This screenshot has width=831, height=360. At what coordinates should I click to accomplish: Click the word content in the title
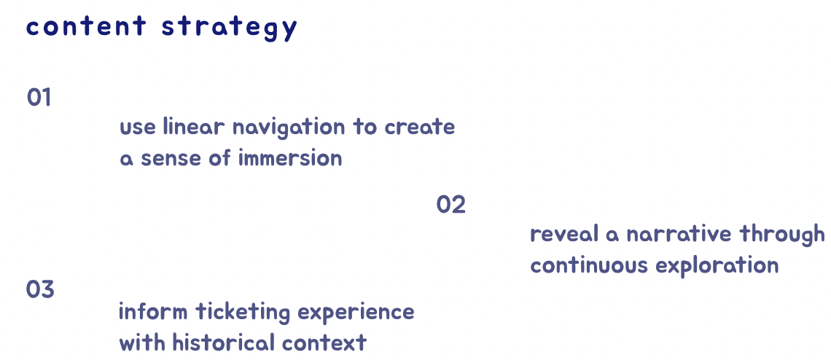pyautogui.click(x=86, y=27)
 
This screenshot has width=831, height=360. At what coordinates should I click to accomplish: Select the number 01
pyautogui.click(x=39, y=98)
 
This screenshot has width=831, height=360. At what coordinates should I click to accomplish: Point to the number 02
pyautogui.click(x=450, y=206)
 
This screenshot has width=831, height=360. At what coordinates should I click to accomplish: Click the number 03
pyautogui.click(x=40, y=290)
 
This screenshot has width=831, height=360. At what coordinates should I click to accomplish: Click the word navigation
pyautogui.click(x=289, y=128)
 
